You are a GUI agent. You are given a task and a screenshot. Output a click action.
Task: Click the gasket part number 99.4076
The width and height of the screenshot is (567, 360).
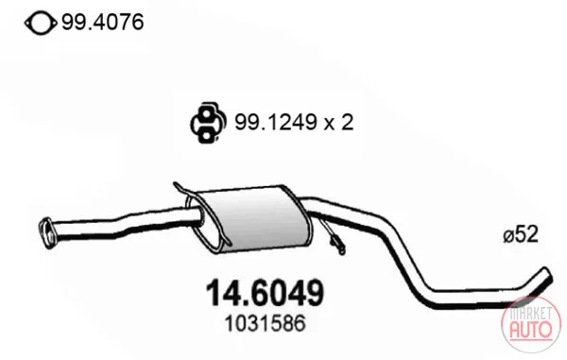click(103, 23)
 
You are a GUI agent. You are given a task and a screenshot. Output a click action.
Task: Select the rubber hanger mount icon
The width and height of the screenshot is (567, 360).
click(208, 123)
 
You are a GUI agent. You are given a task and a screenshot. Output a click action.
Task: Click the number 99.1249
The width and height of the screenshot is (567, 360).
click(276, 122)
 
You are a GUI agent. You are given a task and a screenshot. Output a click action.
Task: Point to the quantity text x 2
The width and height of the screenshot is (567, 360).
click(338, 122)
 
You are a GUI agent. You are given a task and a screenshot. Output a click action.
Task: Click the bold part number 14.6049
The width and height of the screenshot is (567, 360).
click(265, 292)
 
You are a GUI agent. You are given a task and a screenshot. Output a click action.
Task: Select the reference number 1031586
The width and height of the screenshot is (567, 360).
click(265, 323)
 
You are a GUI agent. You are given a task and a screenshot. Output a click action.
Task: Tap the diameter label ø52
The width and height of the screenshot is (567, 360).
click(521, 234)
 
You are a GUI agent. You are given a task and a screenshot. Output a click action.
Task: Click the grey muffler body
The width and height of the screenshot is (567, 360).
click(253, 219)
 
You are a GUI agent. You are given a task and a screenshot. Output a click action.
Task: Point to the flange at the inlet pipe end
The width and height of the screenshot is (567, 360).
click(46, 232)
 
